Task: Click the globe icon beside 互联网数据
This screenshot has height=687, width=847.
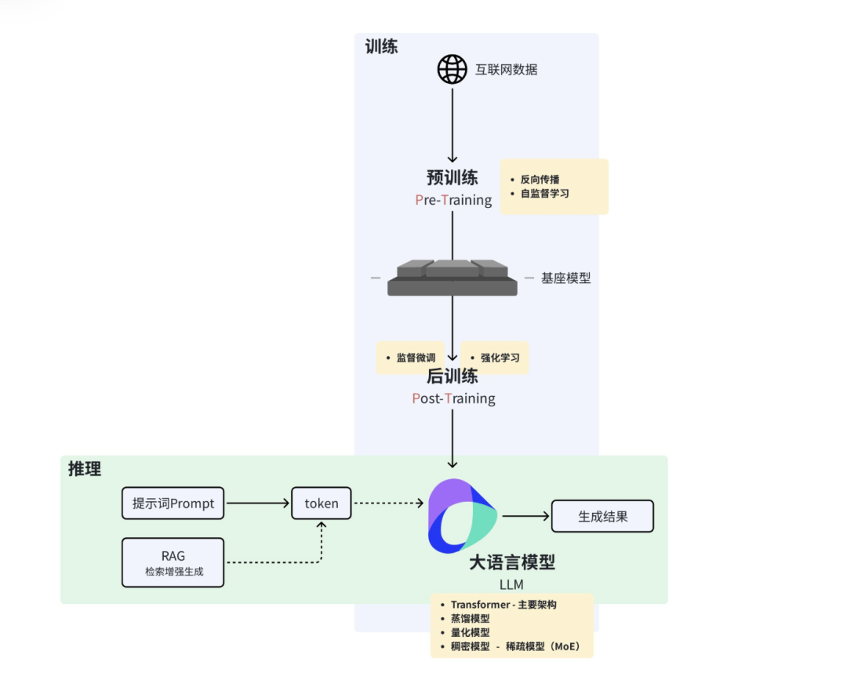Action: [x=453, y=69]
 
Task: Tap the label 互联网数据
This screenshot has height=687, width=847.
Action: [x=506, y=69]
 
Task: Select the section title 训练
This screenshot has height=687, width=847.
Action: [x=381, y=46]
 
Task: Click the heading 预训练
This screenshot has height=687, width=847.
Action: [x=453, y=177]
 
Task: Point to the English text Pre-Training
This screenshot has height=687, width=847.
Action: [x=453, y=200]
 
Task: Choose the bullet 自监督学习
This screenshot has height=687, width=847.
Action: [x=544, y=193]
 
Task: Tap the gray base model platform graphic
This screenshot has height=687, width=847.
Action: [x=453, y=278]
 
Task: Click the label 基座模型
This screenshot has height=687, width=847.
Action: [x=565, y=278]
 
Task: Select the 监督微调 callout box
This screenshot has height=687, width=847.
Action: [x=411, y=358]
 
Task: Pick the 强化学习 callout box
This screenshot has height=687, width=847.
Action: [x=494, y=358]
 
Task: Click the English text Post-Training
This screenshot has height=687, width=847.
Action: [x=453, y=398]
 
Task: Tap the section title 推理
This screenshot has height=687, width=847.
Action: [x=85, y=469]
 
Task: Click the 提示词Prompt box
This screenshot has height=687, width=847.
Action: [x=173, y=503]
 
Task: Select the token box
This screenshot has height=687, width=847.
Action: [x=321, y=503]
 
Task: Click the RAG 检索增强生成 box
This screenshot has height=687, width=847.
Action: [x=173, y=562]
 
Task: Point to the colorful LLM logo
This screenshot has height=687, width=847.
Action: [x=462, y=515]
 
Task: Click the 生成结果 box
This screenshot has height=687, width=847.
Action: [x=602, y=517]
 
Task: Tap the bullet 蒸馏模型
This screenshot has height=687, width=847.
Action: [x=470, y=619]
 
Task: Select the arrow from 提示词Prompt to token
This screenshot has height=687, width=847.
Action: [x=257, y=503]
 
